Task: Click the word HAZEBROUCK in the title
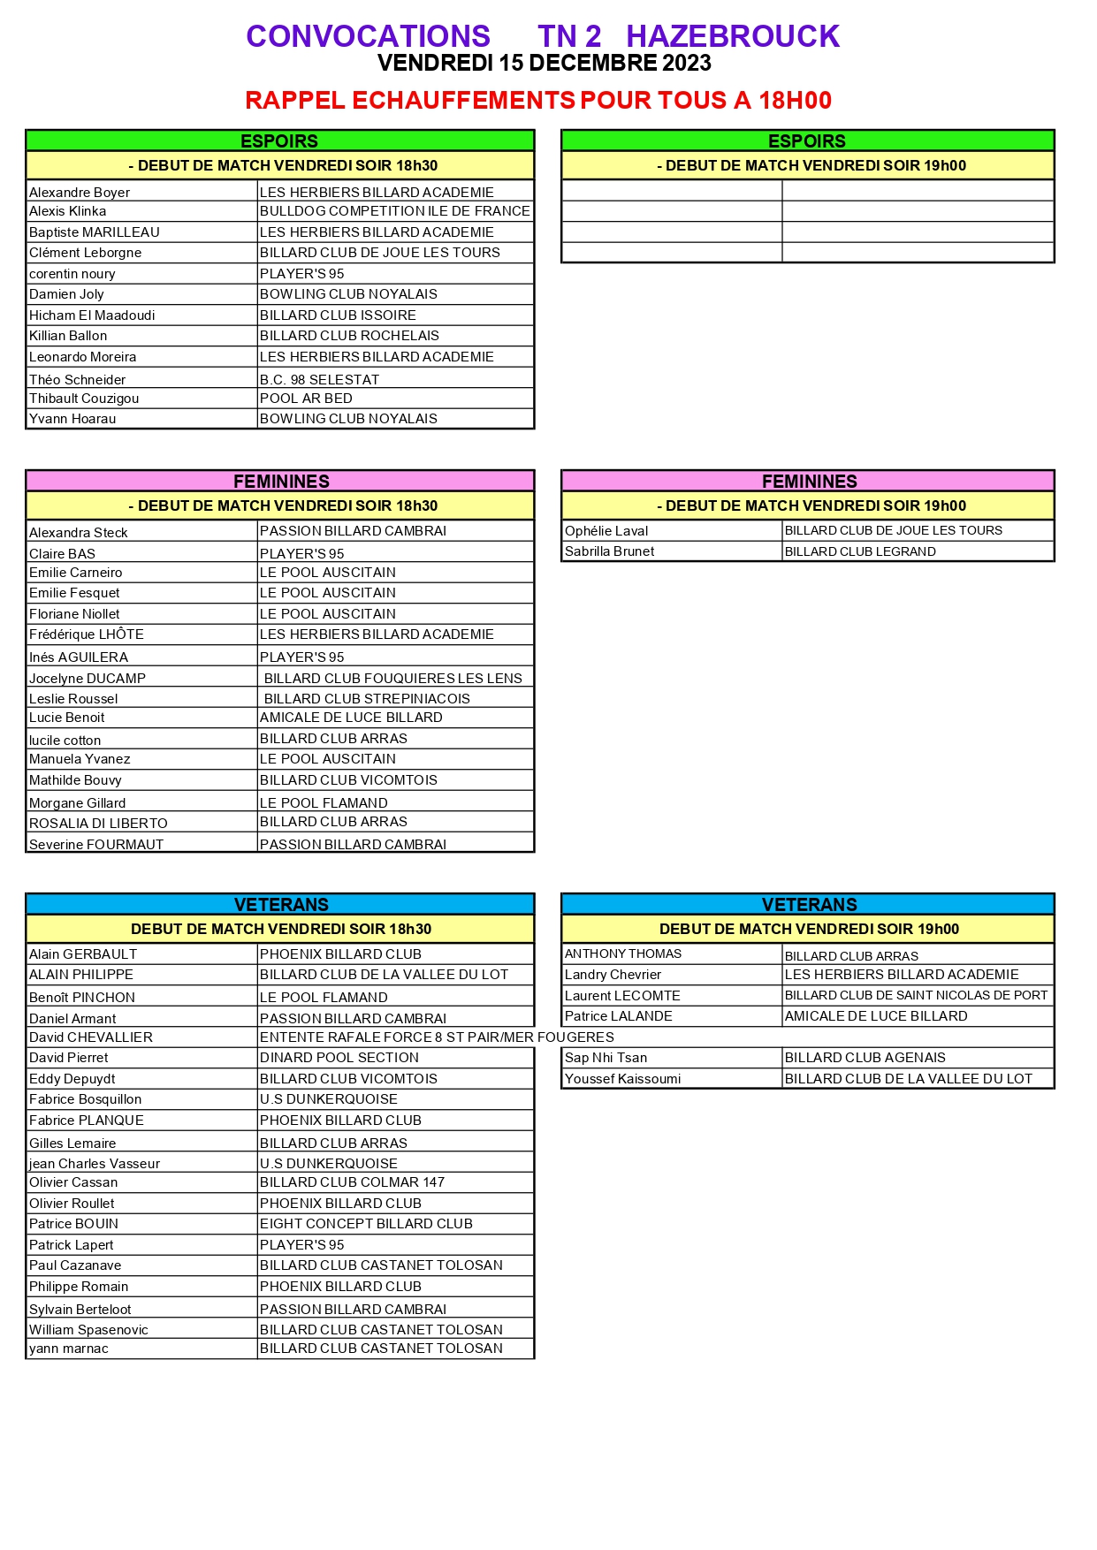point(732,36)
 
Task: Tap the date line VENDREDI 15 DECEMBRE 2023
point(544,64)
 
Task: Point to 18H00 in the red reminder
point(795,101)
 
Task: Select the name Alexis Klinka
point(68,211)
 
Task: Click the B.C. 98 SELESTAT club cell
point(319,379)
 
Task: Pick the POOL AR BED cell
point(306,399)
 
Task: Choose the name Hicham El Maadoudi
point(92,315)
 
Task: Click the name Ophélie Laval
point(606,531)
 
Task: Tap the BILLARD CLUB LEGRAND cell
point(860,551)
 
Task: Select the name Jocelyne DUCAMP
point(88,679)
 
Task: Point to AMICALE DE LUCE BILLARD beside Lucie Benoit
point(351,718)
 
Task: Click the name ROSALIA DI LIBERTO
point(98,824)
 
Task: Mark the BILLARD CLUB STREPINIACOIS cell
point(367,699)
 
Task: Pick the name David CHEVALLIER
point(91,1037)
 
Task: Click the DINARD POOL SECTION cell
point(339,1058)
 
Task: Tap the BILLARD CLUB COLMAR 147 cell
point(352,1182)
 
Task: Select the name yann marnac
point(69,1349)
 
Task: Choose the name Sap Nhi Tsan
point(606,1058)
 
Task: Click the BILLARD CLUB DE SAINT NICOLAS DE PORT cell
point(916,996)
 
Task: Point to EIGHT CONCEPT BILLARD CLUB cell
point(366,1224)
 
